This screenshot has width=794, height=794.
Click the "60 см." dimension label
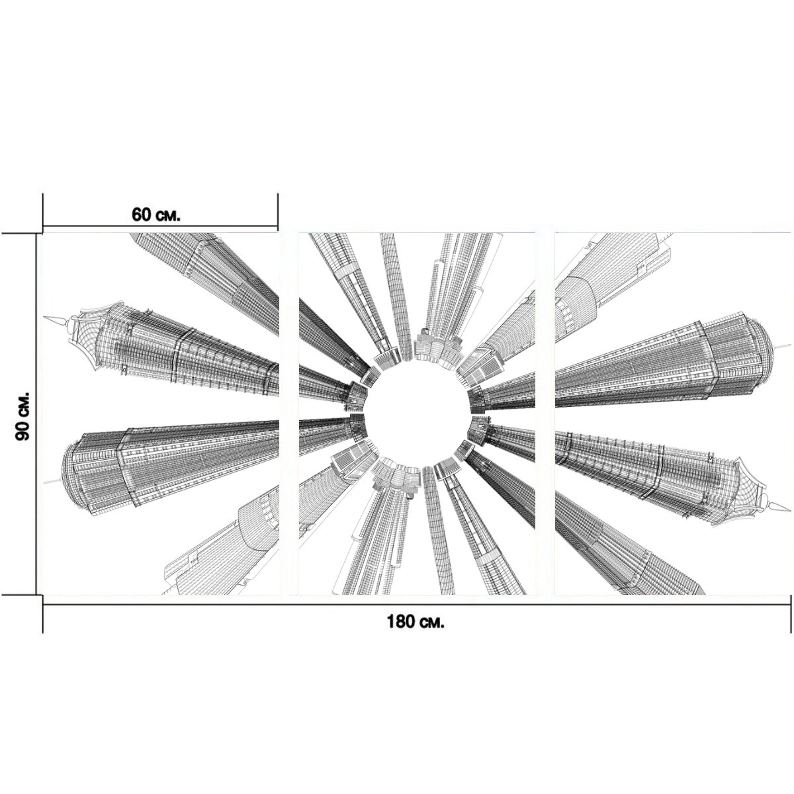(155, 214)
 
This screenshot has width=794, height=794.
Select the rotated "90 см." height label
(22, 416)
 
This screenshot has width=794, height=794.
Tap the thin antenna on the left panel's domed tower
(53, 480)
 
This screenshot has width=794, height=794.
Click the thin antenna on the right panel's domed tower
(782, 347)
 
